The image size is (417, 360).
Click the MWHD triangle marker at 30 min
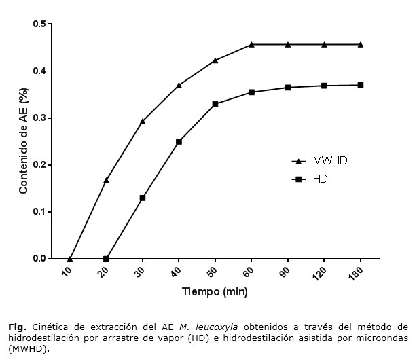pyautogui.click(x=143, y=121)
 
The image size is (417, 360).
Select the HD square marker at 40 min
pyautogui.click(x=179, y=141)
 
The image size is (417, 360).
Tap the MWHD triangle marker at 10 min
pyautogui.click(x=70, y=258)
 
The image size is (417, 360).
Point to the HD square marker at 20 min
pyautogui.click(x=106, y=259)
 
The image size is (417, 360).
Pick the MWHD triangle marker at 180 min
pyautogui.click(x=360, y=44)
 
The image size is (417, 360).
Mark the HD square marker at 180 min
pyautogui.click(x=360, y=85)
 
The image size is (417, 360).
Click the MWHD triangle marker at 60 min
pyautogui.click(x=251, y=44)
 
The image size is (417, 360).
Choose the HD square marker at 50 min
pyautogui.click(x=215, y=104)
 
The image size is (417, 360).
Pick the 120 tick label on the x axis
pyautogui.click(x=323, y=273)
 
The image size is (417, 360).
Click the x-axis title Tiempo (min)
pyautogui.click(x=215, y=293)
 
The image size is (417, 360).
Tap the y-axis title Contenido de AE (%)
pyautogui.click(x=23, y=141)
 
